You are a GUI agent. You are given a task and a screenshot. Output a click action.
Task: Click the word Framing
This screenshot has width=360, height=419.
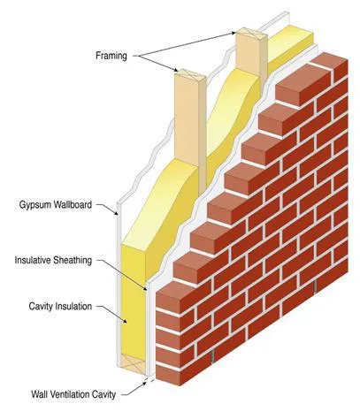tap(111, 56)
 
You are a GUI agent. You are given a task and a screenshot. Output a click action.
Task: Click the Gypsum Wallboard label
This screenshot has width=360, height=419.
tap(56, 204)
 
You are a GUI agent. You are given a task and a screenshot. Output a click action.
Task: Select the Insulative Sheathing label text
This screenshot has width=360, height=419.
tap(53, 261)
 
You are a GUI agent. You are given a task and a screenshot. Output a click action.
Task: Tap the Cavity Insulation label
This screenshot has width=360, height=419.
tap(60, 307)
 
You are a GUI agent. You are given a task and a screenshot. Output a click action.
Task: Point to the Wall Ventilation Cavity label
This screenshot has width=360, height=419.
tap(73, 394)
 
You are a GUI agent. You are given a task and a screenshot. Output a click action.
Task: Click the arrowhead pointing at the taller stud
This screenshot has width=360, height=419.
tap(234, 33)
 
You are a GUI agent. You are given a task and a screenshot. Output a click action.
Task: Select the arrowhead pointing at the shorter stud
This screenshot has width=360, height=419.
tap(175, 70)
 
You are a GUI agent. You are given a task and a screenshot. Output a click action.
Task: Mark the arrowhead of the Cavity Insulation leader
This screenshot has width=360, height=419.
tap(125, 321)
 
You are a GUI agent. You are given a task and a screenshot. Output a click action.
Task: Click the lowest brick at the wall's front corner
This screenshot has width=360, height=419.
tap(167, 375)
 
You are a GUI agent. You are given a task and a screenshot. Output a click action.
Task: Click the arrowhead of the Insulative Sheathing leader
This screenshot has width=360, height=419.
tap(145, 288)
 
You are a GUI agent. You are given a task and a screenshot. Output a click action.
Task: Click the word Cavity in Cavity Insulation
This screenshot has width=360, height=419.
tap(40, 307)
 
